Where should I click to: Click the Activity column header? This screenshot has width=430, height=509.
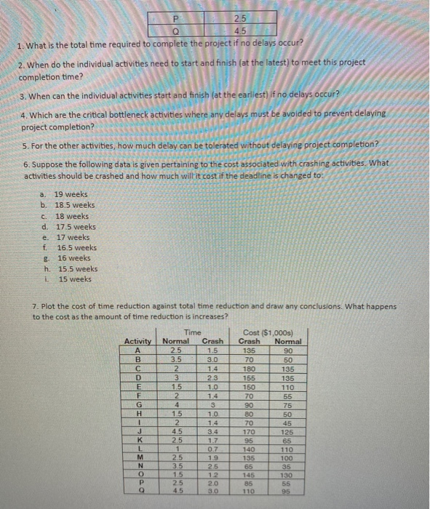point(138,341)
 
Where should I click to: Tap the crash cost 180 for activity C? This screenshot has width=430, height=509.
point(250,369)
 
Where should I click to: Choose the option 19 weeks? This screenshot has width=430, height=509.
point(71,194)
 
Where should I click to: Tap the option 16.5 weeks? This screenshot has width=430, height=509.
point(76,247)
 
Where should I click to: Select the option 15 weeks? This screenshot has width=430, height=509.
point(73,279)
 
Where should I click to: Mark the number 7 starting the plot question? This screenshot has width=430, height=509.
point(35,306)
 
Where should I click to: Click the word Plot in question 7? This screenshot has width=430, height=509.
point(49,306)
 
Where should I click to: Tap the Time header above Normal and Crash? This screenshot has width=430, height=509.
point(194,332)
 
